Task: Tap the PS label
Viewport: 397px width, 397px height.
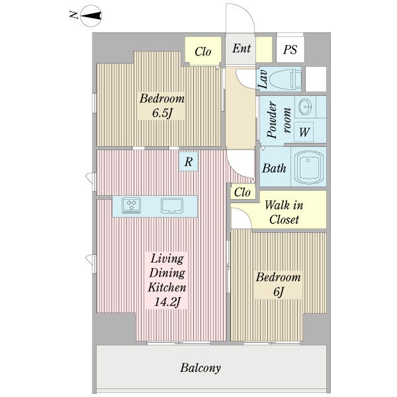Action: [x=290, y=50]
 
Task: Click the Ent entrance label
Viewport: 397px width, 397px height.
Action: [x=242, y=48]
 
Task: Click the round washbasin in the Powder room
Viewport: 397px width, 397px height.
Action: [x=305, y=107]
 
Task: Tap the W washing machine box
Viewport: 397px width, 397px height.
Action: [x=304, y=132]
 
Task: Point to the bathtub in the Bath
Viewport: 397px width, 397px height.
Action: [x=309, y=167]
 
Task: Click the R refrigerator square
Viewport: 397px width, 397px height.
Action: [x=189, y=161]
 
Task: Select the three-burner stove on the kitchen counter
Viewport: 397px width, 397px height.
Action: [x=132, y=205]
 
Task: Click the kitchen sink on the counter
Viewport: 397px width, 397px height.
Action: [x=172, y=206]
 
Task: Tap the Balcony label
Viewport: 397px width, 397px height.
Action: [x=200, y=368]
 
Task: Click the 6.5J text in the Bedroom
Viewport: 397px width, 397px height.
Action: [x=162, y=113]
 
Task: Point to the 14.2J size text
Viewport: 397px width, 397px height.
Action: [x=167, y=302]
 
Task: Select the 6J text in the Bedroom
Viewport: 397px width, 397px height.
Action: [x=279, y=292]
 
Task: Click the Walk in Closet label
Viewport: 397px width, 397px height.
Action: [x=284, y=212]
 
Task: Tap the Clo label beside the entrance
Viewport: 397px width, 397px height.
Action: [x=203, y=52]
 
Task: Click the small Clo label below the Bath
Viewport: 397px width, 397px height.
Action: [x=242, y=193]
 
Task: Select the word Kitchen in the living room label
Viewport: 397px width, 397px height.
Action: [x=167, y=287]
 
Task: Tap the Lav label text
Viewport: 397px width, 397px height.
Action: [x=263, y=79]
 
